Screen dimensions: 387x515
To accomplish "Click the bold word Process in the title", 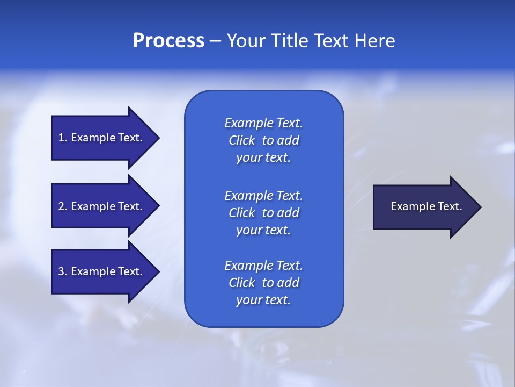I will (168, 41).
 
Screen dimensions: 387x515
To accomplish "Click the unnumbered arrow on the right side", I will (424, 206).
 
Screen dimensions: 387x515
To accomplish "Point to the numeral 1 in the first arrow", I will (61, 138).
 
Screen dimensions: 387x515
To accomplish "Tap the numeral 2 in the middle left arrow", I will (61, 206).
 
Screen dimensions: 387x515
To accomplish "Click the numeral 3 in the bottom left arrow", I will (61, 271).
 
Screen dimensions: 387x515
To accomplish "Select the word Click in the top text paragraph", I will (242, 140).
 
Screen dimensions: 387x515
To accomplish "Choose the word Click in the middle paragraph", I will (242, 213).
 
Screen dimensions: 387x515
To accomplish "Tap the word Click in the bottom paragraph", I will (242, 283).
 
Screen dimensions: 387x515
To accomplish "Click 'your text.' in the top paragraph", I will (263, 158).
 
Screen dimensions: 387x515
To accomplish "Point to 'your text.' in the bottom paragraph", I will (263, 300).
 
